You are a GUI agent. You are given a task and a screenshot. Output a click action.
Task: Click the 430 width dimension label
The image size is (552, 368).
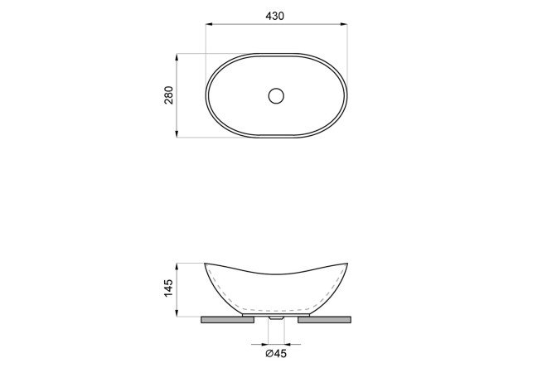[274, 16]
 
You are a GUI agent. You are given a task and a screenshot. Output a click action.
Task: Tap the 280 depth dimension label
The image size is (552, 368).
[169, 95]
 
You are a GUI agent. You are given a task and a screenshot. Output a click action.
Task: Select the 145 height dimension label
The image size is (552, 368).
[169, 288]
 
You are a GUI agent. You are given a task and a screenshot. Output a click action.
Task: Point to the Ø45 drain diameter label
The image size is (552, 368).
[276, 353]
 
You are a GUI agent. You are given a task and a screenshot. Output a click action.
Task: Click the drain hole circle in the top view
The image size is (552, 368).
[276, 96]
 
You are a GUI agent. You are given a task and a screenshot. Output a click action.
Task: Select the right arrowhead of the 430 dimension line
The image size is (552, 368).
[343, 24]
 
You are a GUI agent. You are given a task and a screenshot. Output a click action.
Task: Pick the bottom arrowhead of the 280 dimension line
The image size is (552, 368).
[177, 133]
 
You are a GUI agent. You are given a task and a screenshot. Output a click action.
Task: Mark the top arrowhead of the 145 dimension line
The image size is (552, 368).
[177, 267]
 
